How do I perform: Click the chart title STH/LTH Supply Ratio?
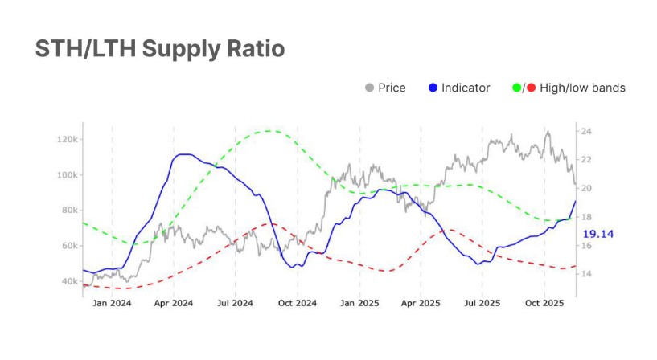(x=159, y=49)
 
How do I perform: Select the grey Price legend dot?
(x=370, y=88)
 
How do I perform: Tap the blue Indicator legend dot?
(x=433, y=88)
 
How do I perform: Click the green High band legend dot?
(x=516, y=88)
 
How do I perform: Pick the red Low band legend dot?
(x=532, y=88)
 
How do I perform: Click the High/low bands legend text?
(x=582, y=88)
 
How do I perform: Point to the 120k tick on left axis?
(x=67, y=140)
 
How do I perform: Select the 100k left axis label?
(x=67, y=175)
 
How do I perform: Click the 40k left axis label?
(x=68, y=281)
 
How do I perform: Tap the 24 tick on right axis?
(x=587, y=131)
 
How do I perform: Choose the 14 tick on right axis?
(x=587, y=274)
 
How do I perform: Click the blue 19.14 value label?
(x=598, y=234)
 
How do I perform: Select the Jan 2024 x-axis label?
(x=112, y=303)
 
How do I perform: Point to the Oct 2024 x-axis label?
(x=297, y=303)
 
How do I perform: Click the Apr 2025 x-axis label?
(x=421, y=303)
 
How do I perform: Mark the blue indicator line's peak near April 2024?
(x=184, y=154)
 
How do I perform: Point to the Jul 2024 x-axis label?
(x=235, y=303)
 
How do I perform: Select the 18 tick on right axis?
(x=587, y=217)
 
